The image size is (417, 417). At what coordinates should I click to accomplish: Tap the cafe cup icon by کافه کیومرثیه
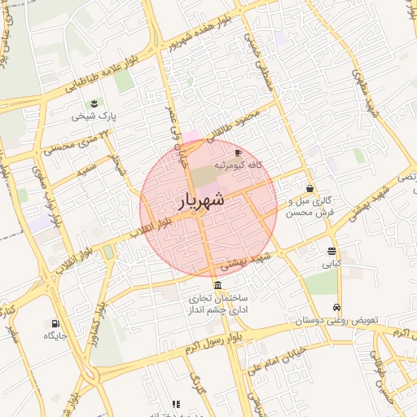point(238,153)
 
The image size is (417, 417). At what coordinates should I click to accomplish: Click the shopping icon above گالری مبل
point(310,188)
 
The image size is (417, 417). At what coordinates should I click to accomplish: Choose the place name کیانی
point(331,264)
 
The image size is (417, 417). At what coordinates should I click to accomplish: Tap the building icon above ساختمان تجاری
point(217,285)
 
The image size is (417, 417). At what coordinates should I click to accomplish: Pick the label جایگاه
point(51,335)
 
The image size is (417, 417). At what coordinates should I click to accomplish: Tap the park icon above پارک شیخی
point(94,103)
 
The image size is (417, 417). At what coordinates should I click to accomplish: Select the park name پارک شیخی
point(94,116)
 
